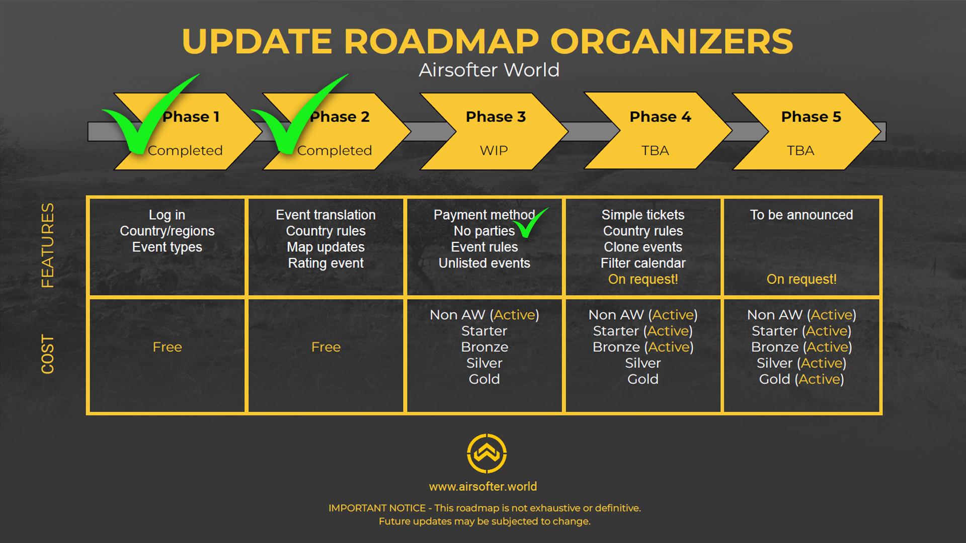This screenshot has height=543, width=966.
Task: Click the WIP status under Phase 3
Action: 494,150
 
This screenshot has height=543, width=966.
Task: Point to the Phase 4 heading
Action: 660,117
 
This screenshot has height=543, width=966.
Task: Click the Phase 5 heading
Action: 811,117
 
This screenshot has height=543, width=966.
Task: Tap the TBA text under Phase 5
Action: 800,150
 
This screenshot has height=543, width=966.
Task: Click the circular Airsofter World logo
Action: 487,454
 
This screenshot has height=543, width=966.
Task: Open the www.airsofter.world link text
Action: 483,487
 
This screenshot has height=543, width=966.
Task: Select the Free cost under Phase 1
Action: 167,347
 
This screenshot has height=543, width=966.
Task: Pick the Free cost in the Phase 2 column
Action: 326,347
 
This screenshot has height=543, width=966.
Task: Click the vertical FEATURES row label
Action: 47,245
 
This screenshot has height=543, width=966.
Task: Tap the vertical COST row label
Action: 47,354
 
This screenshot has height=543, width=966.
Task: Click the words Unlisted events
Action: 484,263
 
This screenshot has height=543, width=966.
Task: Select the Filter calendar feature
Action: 643,263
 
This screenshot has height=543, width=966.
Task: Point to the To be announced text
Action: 801,215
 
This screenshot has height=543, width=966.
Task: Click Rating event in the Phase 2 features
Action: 326,263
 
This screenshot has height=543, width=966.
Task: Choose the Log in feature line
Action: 167,215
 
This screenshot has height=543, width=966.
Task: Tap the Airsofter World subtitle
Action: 489,70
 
